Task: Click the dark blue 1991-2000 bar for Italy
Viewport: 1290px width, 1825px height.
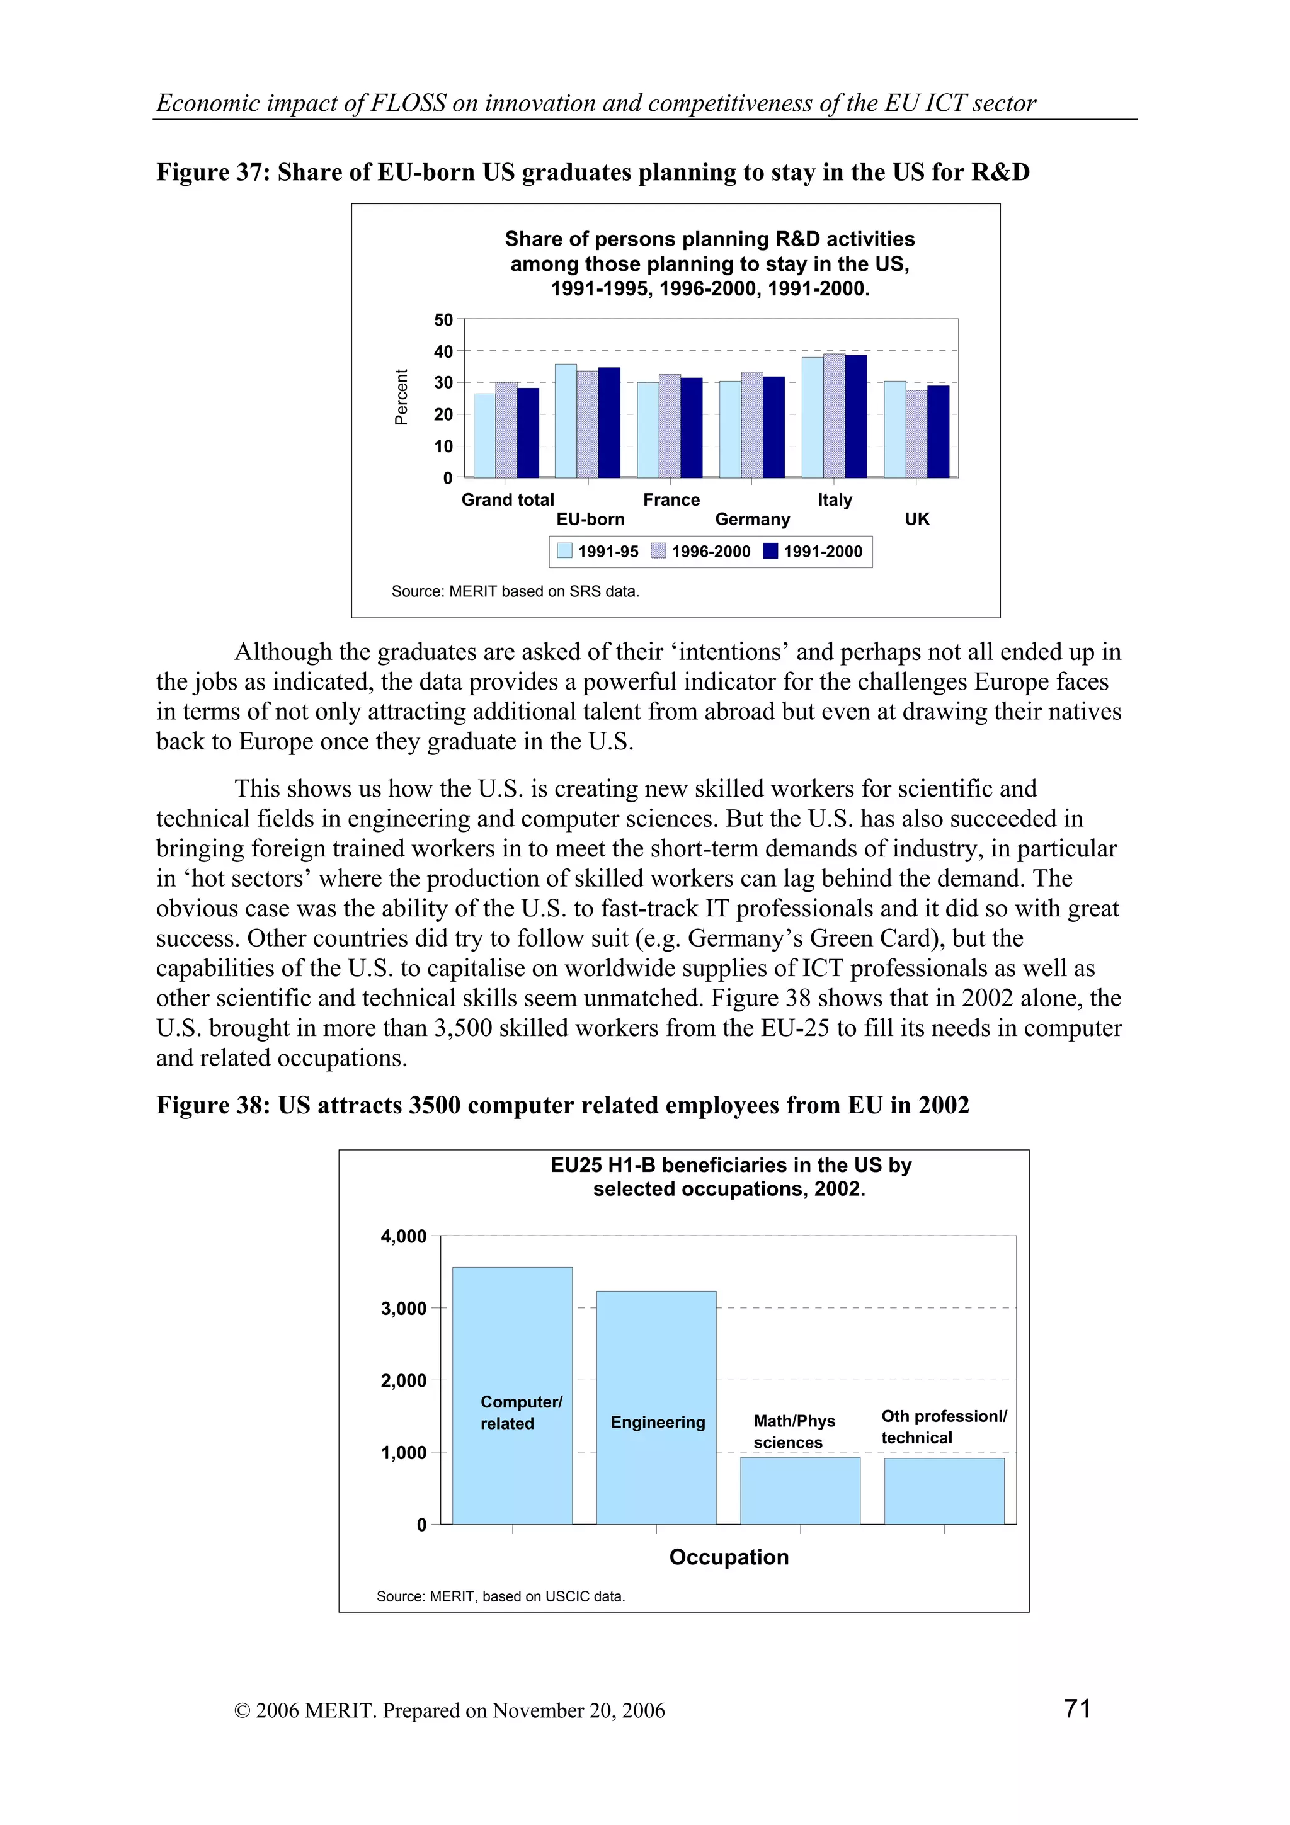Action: (855, 416)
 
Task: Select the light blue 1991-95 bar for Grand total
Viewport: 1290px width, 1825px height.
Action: (484, 436)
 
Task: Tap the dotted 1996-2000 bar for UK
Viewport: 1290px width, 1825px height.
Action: (916, 434)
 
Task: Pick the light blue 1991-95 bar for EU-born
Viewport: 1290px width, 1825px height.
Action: (565, 421)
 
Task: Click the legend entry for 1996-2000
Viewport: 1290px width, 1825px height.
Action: (700, 552)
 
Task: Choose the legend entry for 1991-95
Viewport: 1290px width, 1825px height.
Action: (598, 552)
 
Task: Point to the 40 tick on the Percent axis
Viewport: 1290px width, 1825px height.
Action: (443, 351)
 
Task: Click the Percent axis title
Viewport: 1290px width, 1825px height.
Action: (401, 397)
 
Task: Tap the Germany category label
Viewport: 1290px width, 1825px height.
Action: (752, 519)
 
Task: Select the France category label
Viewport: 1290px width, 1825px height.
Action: (671, 500)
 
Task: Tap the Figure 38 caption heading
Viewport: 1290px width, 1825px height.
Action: (562, 1106)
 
